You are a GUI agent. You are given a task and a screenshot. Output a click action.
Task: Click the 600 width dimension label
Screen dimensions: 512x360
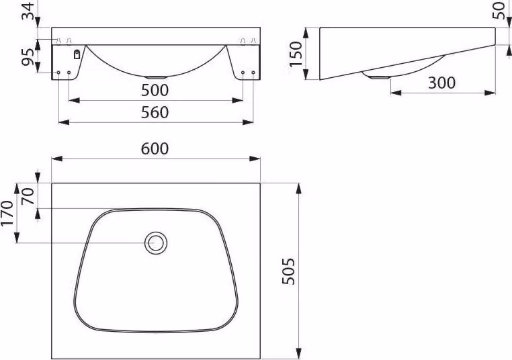tap(155, 148)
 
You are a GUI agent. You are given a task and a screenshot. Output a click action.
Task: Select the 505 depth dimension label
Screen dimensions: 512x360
tap(289, 271)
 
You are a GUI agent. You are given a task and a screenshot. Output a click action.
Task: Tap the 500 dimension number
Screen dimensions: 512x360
tap(155, 90)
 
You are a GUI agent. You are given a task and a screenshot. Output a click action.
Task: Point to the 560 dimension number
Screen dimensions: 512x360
tap(155, 112)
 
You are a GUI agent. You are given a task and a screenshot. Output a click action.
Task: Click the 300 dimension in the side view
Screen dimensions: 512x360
tap(441, 83)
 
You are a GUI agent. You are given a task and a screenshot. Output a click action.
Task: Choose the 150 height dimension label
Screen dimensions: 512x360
tap(296, 54)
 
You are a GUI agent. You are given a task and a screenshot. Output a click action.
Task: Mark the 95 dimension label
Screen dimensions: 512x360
tap(28, 57)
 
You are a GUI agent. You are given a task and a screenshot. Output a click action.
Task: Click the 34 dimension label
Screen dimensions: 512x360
tap(28, 11)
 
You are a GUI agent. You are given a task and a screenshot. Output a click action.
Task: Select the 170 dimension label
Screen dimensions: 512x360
tap(7, 213)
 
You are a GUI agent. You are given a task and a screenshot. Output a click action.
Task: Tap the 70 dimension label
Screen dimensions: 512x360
tap(28, 196)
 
